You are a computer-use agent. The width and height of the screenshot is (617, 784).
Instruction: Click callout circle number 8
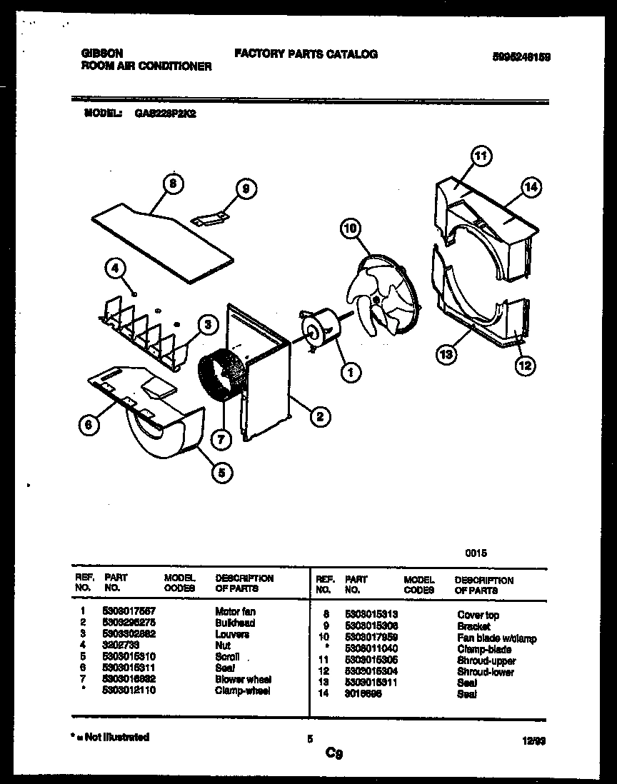click(171, 184)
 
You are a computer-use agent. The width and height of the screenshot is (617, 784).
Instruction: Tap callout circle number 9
click(245, 189)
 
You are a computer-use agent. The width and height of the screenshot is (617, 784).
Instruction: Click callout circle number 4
click(116, 269)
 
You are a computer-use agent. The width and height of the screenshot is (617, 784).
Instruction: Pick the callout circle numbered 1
click(350, 371)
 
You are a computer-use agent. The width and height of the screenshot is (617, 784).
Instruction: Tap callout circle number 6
click(88, 425)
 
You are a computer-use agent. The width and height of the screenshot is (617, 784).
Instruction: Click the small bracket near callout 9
click(212, 217)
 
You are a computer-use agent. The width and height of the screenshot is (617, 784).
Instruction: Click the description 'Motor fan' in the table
click(235, 612)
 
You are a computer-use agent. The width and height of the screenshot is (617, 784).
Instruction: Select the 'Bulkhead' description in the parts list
click(235, 623)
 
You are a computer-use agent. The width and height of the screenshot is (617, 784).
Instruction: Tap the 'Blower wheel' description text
click(243, 680)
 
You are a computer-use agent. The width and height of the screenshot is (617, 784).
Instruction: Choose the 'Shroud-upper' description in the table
click(486, 661)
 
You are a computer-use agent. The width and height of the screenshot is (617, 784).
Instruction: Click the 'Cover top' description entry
click(478, 615)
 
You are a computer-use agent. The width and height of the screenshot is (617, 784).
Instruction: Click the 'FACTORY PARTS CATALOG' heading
click(306, 54)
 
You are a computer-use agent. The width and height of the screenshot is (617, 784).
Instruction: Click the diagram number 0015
click(477, 553)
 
